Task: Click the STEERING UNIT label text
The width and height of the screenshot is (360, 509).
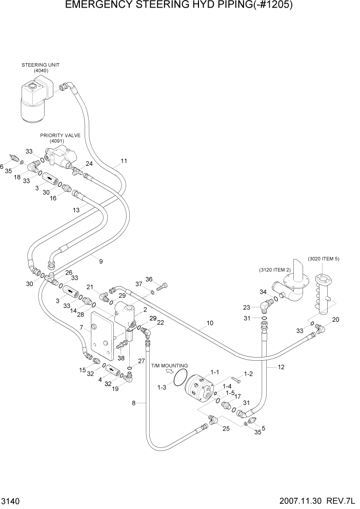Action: tap(41, 65)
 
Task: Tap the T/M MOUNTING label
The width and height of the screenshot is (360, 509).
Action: tap(170, 365)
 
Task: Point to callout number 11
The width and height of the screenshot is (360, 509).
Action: tap(124, 161)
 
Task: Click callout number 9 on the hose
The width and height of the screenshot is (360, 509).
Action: tap(101, 261)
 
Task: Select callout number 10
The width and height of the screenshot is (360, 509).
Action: tap(210, 323)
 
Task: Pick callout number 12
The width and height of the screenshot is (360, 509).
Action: tap(281, 367)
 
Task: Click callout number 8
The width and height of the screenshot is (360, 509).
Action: tap(134, 403)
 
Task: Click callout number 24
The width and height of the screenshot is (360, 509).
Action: tap(89, 164)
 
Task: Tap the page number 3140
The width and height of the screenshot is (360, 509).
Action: tap(11, 500)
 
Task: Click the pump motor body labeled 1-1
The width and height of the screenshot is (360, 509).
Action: tap(197, 388)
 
